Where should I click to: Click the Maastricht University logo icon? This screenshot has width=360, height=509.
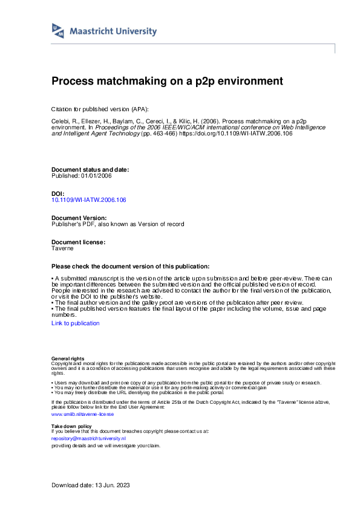59,31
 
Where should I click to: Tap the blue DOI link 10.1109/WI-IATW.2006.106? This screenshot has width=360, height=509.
89,199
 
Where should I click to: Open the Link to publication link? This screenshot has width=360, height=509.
76,323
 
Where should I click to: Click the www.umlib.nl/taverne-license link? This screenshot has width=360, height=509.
83,414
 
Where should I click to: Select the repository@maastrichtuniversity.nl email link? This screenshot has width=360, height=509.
88,438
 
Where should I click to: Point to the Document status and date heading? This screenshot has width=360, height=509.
90,170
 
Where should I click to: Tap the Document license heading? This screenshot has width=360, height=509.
79,242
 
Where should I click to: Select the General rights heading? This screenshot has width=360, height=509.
68,359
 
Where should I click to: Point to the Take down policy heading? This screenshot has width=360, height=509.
72,426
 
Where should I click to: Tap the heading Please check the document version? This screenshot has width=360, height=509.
131,266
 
